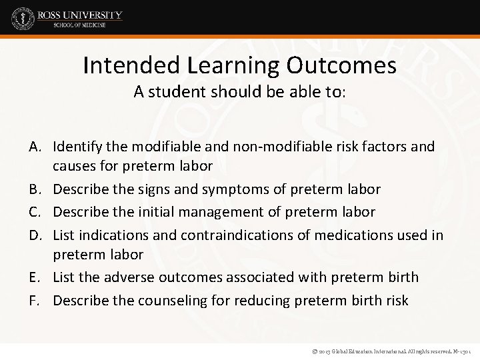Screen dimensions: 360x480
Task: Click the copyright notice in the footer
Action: point(387,349)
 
